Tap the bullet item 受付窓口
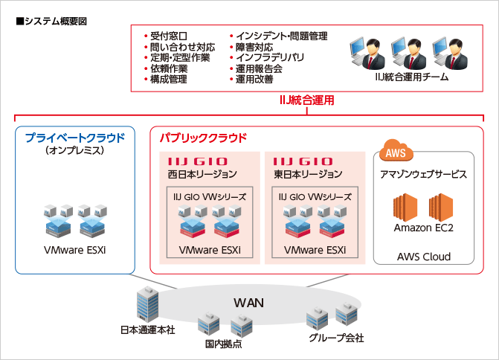pyautogui.click(x=168, y=36)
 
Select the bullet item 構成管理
pyautogui.click(x=168, y=79)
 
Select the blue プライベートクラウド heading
pyautogui.click(x=75, y=138)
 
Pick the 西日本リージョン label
pyautogui.click(x=202, y=174)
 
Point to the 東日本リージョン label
pyautogui.click(x=308, y=174)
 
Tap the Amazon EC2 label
pyautogui.click(x=423, y=227)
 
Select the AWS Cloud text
pyautogui.click(x=423, y=257)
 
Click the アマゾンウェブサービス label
pyautogui.click(x=423, y=174)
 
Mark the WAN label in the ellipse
pyautogui.click(x=249, y=303)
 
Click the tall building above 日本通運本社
pyautogui.click(x=145, y=306)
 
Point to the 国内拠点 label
pyautogui.click(x=223, y=344)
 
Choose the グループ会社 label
pyautogui.click(x=336, y=338)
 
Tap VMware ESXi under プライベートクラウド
pyautogui.click(x=74, y=250)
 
